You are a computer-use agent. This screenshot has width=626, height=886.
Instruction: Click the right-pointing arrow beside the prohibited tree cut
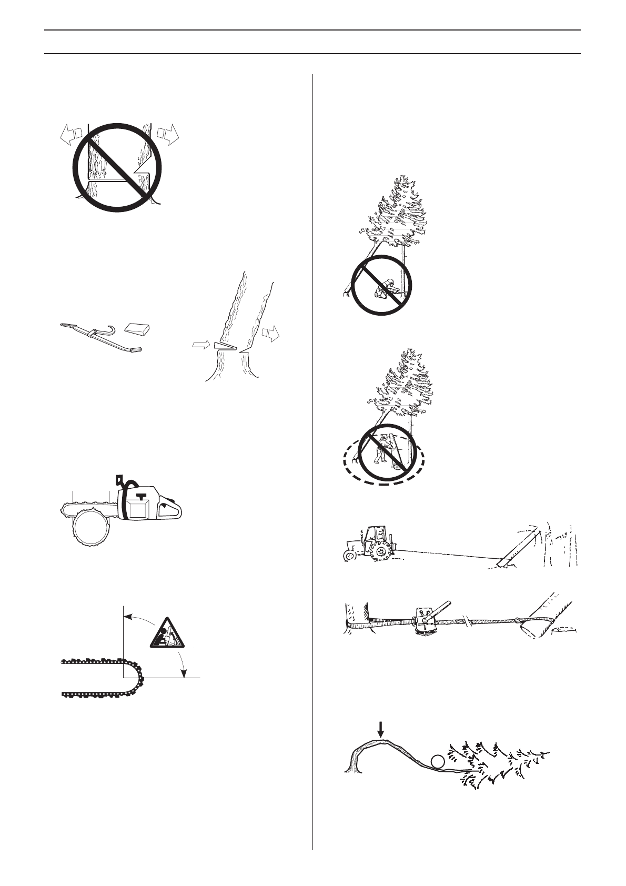click(x=168, y=135)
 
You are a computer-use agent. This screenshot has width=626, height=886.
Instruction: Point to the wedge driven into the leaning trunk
click(x=224, y=346)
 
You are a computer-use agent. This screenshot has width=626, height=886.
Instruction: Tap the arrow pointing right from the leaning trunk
click(x=270, y=333)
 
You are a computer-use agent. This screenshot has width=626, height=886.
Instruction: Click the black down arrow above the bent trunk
click(x=381, y=729)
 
